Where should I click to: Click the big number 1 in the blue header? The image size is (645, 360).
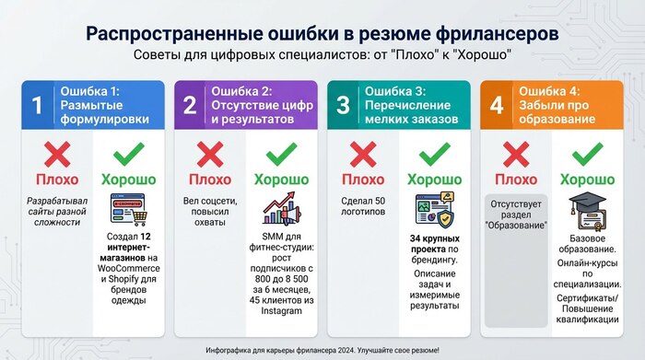tap(37, 105)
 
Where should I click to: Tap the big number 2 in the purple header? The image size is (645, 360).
tap(190, 105)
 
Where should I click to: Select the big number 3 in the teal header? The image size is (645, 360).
tap(343, 105)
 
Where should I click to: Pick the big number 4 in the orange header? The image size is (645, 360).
tap(497, 105)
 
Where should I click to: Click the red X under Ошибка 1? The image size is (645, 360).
tap(57, 154)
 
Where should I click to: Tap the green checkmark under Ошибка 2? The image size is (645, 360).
tap(281, 154)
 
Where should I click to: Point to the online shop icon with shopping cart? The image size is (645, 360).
tap(129, 210)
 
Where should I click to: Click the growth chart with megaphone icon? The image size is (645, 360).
tap(282, 209)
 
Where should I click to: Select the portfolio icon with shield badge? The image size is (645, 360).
tap(435, 210)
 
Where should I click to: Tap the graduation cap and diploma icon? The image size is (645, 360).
tap(588, 211)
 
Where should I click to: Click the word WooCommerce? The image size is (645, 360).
tap(128, 268)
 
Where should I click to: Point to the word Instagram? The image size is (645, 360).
tap(281, 311)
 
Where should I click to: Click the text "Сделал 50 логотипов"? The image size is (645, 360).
tap(363, 206)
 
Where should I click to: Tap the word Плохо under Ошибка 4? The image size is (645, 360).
tap(516, 180)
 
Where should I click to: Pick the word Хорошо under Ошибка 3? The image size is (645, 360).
tap(434, 180)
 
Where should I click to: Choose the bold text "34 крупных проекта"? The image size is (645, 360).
tap(435, 244)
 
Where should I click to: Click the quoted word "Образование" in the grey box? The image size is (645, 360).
tap(516, 226)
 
